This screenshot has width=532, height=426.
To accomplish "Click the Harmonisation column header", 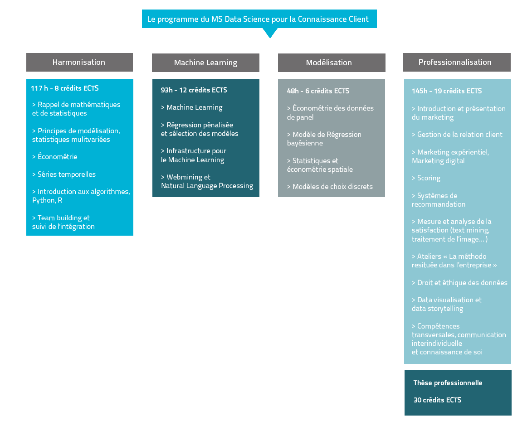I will pyautogui.click(x=79, y=62).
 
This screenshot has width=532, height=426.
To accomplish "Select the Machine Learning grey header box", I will pyautogui.click(x=205, y=63).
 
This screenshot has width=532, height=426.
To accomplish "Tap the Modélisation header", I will pyautogui.click(x=332, y=63).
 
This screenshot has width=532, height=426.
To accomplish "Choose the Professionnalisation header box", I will pyautogui.click(x=457, y=62).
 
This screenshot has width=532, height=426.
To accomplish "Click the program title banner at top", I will pyautogui.click(x=259, y=19).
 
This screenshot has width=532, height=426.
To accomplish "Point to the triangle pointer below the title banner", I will pyautogui.click(x=270, y=33).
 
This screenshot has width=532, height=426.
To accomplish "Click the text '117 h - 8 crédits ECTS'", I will pyautogui.click(x=65, y=88).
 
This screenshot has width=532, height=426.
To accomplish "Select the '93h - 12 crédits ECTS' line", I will pyautogui.click(x=194, y=90).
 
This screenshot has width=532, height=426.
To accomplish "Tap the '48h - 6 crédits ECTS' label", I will pyautogui.click(x=318, y=91).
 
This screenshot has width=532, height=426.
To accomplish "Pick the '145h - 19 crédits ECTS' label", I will pyautogui.click(x=447, y=91).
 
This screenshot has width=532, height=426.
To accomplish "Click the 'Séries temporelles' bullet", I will pyautogui.click(x=64, y=174).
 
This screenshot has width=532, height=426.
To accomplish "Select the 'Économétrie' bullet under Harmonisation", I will pyautogui.click(x=55, y=157).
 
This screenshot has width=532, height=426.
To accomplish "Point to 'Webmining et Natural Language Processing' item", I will pyautogui.click(x=207, y=181).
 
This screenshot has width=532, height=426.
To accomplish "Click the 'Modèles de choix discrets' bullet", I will pyautogui.click(x=330, y=187).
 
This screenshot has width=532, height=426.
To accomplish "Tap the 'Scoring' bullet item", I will pyautogui.click(x=426, y=178).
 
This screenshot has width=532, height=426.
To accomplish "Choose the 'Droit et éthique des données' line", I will pyautogui.click(x=459, y=283).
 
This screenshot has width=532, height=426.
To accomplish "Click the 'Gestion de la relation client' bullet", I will pyautogui.click(x=457, y=135).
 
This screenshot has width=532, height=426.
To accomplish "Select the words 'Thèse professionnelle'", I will pyautogui.click(x=448, y=383).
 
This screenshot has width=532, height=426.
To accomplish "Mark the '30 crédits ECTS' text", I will pyautogui.click(x=437, y=400).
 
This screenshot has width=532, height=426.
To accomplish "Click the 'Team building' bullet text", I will pyautogui.click(x=61, y=218).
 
